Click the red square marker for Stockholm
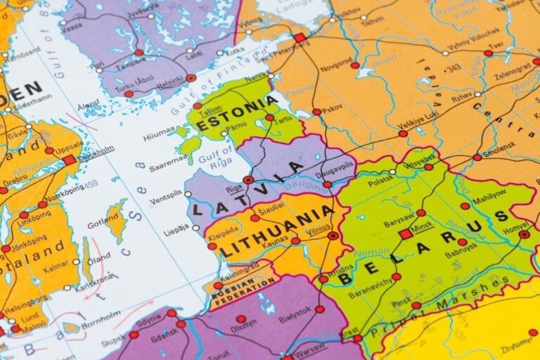click(x=69, y=160)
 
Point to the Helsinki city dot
click(x=191, y=78)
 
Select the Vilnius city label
click(x=319, y=226)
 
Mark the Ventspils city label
click(x=165, y=201)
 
